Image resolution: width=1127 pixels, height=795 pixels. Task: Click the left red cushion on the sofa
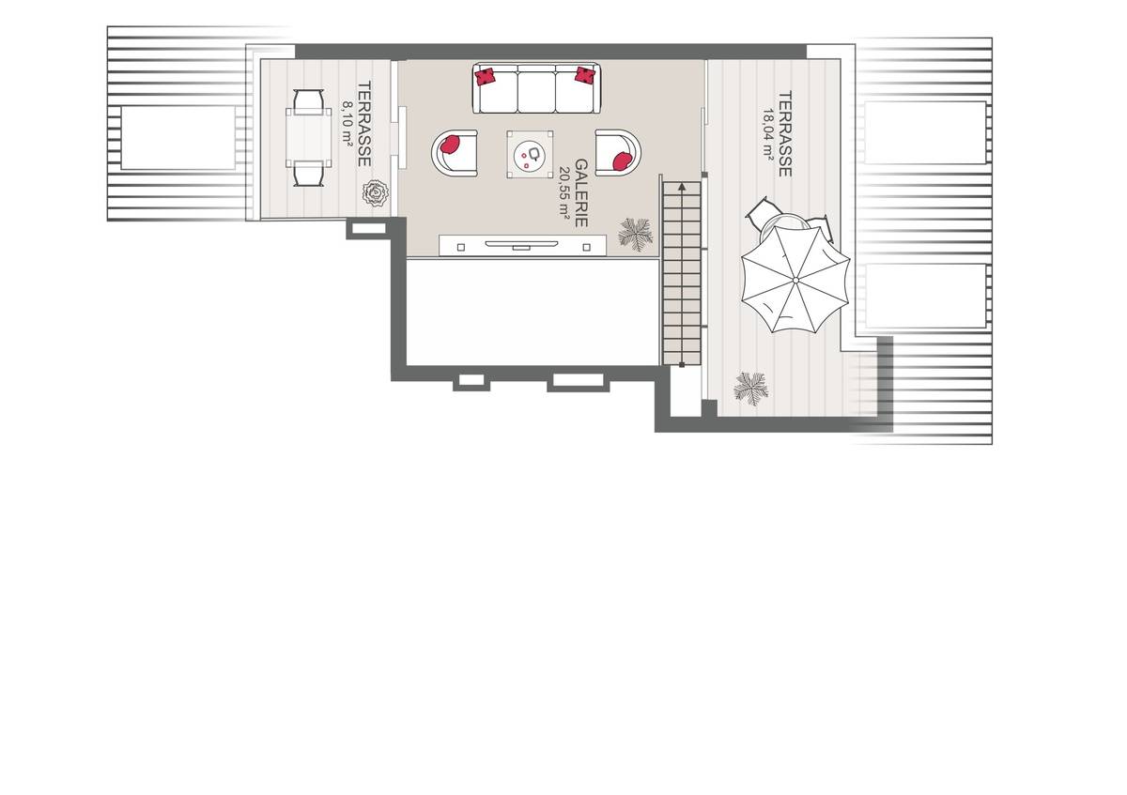point(486,76)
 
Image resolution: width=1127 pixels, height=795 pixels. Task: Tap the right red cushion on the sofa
point(586,75)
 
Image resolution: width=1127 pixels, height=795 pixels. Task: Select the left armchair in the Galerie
point(454,151)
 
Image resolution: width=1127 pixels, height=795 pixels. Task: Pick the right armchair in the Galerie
point(618,151)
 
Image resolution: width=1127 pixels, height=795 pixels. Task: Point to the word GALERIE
point(582,192)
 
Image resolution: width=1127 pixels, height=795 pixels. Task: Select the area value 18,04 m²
point(769,134)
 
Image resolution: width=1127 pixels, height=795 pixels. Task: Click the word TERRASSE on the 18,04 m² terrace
point(786,133)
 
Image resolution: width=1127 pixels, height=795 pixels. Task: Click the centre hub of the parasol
point(795,279)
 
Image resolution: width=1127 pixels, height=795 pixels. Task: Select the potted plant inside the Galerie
point(636,233)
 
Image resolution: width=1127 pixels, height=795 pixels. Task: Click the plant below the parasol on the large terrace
point(751,387)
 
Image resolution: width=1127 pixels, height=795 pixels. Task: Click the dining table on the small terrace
point(309,138)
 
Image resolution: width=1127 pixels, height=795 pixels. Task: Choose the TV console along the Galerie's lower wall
point(523,246)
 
